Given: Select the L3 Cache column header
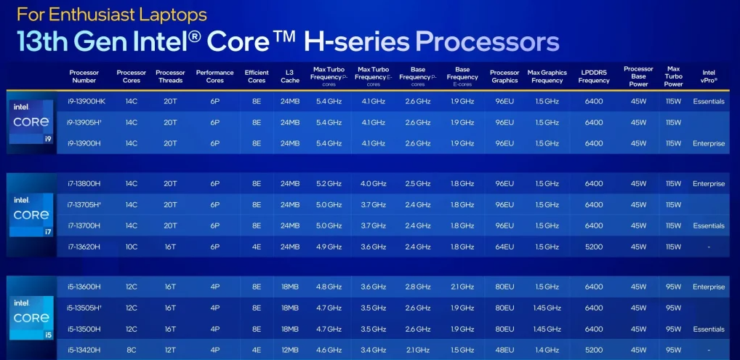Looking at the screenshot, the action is [x=290, y=76].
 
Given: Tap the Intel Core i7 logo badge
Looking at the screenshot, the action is [x=31, y=215].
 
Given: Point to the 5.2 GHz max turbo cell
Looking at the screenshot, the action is [x=329, y=183].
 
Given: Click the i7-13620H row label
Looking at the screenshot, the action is [x=84, y=247].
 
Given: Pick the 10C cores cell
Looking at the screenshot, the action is [x=131, y=247].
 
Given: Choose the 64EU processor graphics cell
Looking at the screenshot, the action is [x=504, y=247].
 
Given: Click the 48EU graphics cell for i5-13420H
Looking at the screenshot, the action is [x=504, y=350].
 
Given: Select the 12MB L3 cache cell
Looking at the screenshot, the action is [x=290, y=350].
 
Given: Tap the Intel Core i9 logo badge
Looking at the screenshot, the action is [x=31, y=122].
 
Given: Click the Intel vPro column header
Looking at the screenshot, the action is [x=709, y=76].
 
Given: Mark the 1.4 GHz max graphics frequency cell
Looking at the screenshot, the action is [x=547, y=350].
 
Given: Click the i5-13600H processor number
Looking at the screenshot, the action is [x=84, y=287].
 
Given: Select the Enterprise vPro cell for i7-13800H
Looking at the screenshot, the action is [x=709, y=183].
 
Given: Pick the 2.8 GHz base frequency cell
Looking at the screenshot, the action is [x=418, y=287].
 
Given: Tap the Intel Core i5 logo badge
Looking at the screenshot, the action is [x=31, y=318].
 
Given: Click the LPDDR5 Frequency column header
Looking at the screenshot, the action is [x=594, y=76].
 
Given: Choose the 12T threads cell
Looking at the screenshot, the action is [x=170, y=350].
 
